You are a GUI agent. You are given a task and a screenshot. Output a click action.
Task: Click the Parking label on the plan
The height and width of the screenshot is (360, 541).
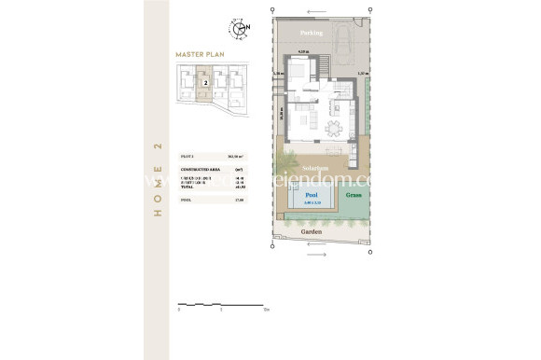pos(312,33)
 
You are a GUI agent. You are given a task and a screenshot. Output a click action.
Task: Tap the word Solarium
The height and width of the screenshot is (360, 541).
pos(312,168)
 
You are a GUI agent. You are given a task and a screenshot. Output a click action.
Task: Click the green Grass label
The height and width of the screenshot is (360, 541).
pos(354,196)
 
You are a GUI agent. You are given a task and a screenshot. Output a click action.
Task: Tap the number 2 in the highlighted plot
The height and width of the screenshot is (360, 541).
pos(203,83)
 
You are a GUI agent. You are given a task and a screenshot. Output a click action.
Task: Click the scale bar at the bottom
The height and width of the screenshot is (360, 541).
pos(222,304)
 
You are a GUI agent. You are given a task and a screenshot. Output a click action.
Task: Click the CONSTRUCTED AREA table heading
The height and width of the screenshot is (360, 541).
pos(199,169)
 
